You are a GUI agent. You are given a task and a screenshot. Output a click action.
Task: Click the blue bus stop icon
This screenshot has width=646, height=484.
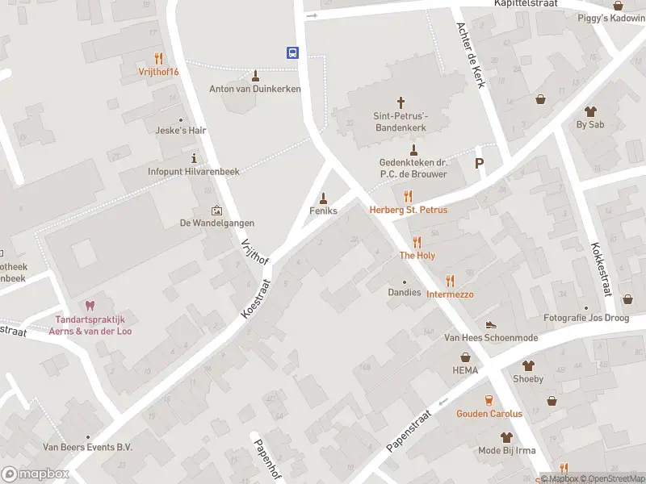coord(292,53)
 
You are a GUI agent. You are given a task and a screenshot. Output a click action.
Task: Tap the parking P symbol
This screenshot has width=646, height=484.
coord(480,163)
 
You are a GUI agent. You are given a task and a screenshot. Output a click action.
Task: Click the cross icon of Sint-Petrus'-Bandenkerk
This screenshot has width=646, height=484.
coord(401,102)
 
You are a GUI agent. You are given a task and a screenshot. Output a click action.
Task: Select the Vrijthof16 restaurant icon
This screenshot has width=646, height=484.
coord(158,58)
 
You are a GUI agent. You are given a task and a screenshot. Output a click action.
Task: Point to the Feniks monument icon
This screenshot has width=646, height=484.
coord(324,198)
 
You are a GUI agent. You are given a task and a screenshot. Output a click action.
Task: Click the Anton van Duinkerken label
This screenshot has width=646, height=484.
coord(254,89)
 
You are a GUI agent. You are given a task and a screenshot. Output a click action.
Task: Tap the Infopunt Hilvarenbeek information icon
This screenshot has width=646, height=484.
coord(194,158)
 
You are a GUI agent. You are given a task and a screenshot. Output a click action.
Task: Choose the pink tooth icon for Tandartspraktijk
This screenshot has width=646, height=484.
coord(90,305)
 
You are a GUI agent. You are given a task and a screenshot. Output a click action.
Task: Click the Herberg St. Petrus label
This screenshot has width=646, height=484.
coord(408,210)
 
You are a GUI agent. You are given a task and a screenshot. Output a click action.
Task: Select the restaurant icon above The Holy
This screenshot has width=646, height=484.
coord(417,242)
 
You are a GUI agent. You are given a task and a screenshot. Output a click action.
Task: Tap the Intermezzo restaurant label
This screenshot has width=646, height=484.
coord(450,294)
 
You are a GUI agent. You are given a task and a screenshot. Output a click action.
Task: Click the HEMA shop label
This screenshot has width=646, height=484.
coord(465,370)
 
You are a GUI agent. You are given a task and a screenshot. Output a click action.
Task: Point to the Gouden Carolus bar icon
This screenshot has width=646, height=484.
coord(489,400)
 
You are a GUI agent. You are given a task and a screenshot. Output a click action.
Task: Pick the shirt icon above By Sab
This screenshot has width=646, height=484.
coord(590,111)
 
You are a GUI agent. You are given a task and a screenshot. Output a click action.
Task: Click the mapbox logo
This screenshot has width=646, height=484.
coord(36,474)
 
